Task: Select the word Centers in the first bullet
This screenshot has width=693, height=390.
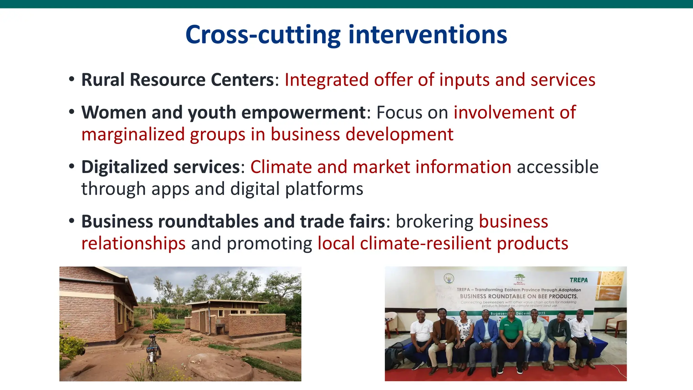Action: (x=242, y=80)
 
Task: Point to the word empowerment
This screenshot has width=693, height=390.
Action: (x=303, y=112)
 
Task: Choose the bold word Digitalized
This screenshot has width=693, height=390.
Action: (x=124, y=167)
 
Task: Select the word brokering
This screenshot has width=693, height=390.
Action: (x=434, y=222)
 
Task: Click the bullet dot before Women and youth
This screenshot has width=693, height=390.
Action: (x=71, y=112)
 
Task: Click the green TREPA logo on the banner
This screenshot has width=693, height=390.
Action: (x=579, y=280)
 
